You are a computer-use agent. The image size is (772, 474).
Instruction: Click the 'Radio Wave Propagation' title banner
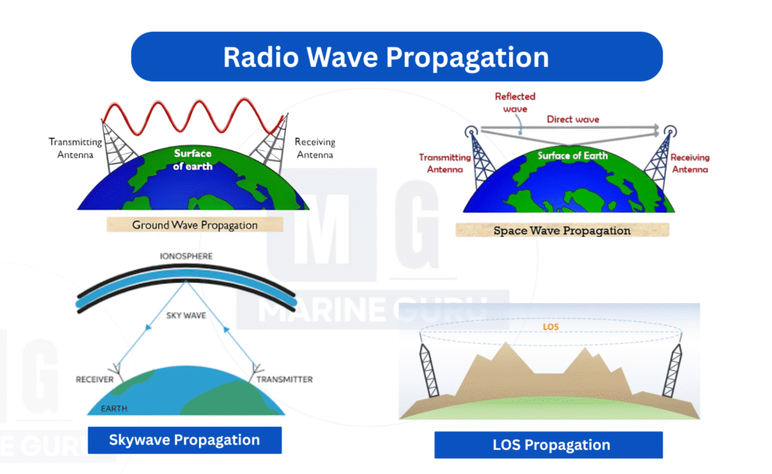click(x=397, y=57)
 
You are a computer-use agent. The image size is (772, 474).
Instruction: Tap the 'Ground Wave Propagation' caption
click(x=195, y=225)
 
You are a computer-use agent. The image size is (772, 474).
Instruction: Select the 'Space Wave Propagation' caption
click(x=562, y=231)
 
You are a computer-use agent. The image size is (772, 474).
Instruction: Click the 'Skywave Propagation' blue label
click(x=185, y=440)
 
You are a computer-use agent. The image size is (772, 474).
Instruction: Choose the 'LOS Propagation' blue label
click(x=549, y=445)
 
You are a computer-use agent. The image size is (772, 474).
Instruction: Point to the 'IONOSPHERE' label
click(x=186, y=256)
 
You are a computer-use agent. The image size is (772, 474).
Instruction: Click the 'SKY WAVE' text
click(x=186, y=316)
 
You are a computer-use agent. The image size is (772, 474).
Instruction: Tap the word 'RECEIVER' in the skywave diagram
click(x=94, y=380)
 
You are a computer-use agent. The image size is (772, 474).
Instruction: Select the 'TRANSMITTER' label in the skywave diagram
click(x=284, y=380)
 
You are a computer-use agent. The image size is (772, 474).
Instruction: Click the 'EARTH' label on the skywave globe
click(x=115, y=408)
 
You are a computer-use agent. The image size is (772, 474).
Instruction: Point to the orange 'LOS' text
click(x=550, y=327)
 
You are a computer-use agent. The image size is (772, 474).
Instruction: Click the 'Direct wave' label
click(x=573, y=119)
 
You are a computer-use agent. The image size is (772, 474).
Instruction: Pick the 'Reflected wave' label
click(x=515, y=102)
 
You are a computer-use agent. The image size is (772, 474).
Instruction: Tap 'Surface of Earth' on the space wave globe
click(x=573, y=155)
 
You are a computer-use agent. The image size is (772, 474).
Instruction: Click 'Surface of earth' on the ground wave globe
click(x=192, y=160)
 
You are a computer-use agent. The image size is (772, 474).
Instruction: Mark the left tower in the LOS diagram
click(x=429, y=369)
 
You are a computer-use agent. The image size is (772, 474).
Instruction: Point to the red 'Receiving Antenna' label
click(x=690, y=164)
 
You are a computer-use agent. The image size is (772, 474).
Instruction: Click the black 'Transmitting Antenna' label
click(x=75, y=148)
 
